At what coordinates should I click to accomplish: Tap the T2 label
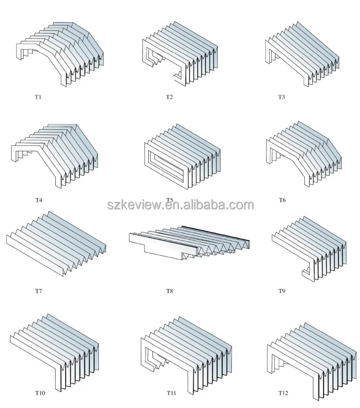point(169,97)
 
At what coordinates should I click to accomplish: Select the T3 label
point(282,97)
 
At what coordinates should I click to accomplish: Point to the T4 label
point(39,200)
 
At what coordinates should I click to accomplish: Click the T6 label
point(282,200)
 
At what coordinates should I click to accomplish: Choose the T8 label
point(169,290)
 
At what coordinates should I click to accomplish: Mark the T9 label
point(282,290)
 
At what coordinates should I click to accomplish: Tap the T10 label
point(40,392)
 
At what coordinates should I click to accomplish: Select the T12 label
point(283,392)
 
